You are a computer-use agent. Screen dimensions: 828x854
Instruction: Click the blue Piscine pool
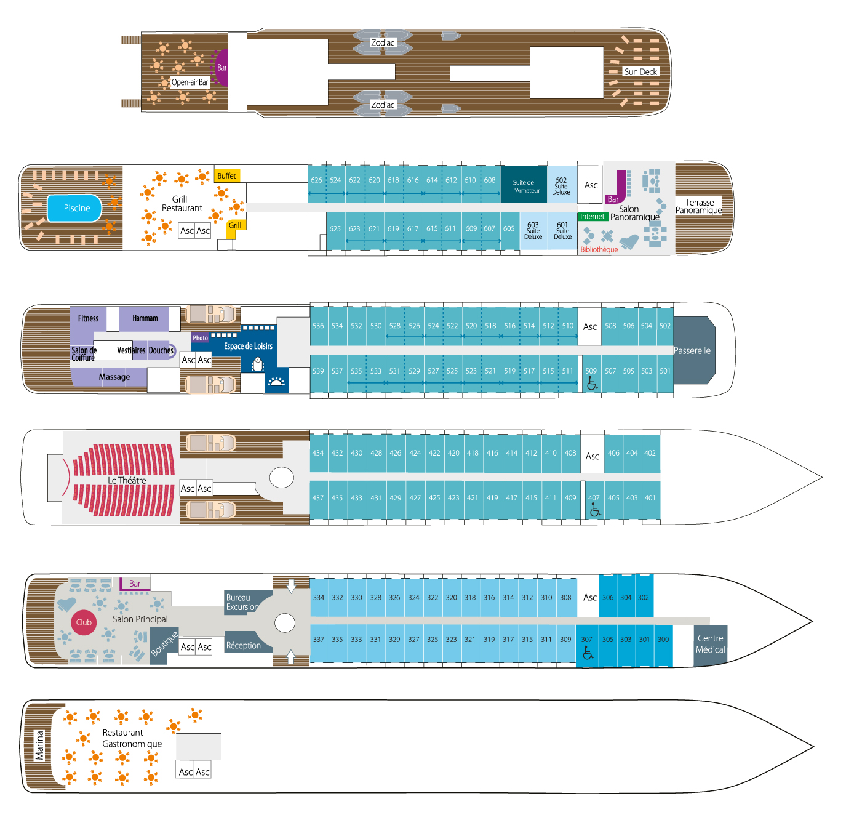coord(75,208)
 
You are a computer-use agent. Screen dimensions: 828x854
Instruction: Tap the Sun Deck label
coord(640,72)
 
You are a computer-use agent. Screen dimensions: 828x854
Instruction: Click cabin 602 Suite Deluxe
coord(561,185)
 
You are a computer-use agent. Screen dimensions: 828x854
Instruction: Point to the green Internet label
coord(593,217)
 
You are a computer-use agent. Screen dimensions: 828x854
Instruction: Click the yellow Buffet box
coord(226,176)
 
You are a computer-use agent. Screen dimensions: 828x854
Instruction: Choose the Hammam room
coord(145,318)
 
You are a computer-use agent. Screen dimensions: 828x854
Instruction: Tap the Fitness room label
coord(88,318)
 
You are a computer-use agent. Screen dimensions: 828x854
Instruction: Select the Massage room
coord(114,377)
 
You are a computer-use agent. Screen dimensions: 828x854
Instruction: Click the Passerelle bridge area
coord(693,350)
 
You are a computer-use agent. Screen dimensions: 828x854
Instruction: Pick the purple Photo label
coord(200,338)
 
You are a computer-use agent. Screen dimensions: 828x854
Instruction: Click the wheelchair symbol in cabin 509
coord(592,384)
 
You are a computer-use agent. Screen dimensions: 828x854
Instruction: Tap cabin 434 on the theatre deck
coord(318,453)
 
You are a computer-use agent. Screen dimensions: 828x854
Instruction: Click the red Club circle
coord(84,622)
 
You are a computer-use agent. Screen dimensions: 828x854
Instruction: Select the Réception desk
coord(244,645)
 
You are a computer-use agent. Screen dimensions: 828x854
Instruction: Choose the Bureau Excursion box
coord(242,602)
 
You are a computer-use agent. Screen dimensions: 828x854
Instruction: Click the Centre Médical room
coord(710,645)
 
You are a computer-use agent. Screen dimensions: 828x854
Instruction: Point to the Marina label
coord(39,746)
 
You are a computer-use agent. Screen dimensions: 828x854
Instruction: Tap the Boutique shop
coord(164,644)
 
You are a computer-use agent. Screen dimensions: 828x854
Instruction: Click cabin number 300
coord(663,640)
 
